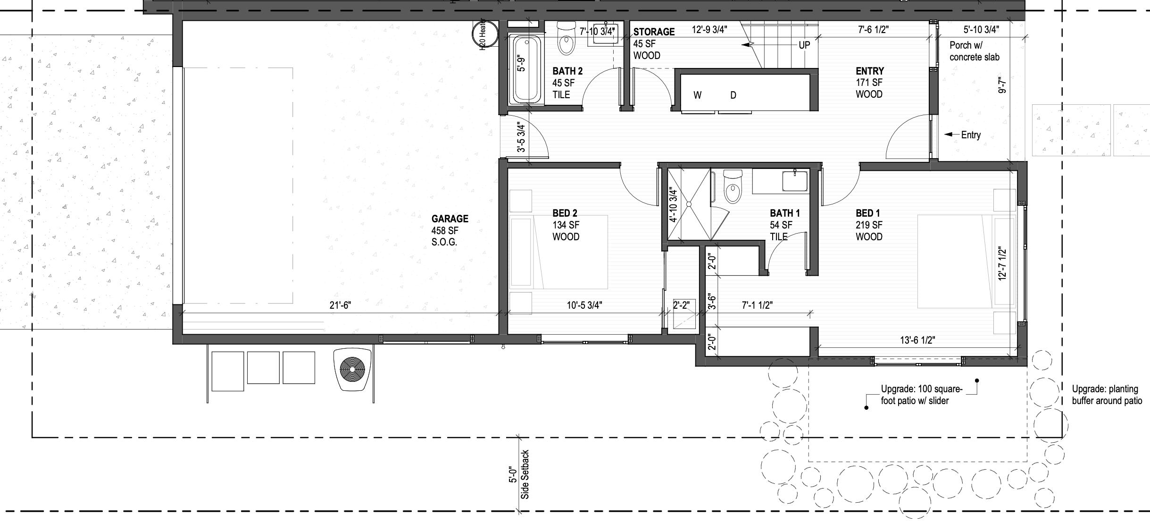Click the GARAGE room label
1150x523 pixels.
(x=450, y=219)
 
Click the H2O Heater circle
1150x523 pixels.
(x=485, y=34)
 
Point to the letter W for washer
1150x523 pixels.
(x=697, y=95)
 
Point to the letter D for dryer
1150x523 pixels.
(x=733, y=95)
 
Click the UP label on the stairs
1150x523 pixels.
(x=804, y=45)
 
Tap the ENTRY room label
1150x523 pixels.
(x=869, y=71)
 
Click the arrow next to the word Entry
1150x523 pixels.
(x=950, y=135)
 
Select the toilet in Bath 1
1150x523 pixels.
(x=733, y=187)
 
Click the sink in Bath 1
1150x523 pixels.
(x=794, y=181)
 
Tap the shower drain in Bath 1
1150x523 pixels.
(x=689, y=204)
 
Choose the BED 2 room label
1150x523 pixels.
(x=565, y=213)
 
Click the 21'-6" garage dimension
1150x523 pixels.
(x=340, y=306)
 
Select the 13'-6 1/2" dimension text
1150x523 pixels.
(x=917, y=340)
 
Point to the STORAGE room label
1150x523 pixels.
(x=653, y=32)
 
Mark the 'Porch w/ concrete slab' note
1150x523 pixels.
(x=974, y=51)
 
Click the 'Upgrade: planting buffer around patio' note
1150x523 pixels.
(x=1107, y=395)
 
